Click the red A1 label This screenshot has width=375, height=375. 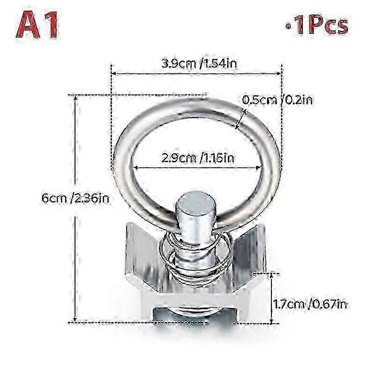pos(37,25)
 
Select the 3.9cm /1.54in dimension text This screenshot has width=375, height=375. pos(199,64)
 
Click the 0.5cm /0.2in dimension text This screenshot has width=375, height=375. pos(277,100)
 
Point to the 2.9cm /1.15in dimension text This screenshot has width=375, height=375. pos(198,158)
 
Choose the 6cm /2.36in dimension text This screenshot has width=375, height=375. pos(75,198)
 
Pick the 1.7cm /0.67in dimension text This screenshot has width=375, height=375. pos(310,304)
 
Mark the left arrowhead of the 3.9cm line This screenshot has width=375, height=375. pos(114,74)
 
